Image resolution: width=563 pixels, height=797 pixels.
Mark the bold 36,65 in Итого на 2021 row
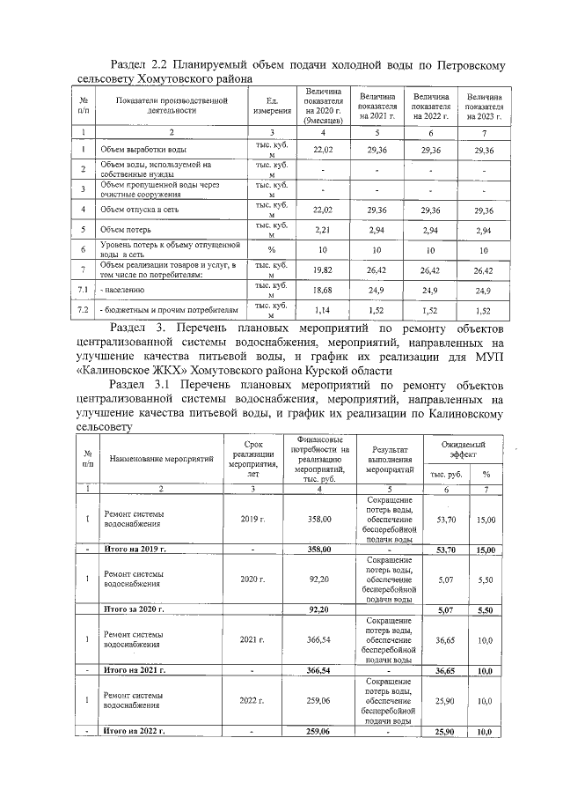pos(446,670)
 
